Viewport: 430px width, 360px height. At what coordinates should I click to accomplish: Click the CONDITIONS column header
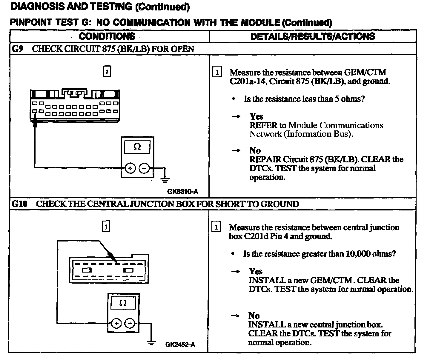point(107,36)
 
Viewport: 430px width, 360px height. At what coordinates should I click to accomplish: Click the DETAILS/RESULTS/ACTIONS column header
point(313,36)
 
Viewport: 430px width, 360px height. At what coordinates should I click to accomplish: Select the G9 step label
point(17,49)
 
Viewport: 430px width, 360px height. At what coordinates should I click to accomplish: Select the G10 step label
point(19,204)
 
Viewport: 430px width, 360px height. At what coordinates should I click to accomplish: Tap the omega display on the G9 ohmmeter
point(137,147)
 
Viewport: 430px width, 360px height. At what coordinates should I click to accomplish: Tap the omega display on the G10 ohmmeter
point(123,303)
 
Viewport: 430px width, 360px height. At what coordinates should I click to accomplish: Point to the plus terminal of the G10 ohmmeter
point(116,323)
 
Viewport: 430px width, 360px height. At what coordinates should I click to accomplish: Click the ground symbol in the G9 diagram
point(165,180)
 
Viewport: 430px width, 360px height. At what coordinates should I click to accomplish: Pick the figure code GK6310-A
point(182,191)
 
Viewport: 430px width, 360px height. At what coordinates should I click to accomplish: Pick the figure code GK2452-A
point(180,345)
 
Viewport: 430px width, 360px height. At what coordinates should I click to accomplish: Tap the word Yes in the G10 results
point(256,271)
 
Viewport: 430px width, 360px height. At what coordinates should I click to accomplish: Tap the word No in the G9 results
point(255,150)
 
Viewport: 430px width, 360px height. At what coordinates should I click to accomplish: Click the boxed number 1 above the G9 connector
point(107,72)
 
